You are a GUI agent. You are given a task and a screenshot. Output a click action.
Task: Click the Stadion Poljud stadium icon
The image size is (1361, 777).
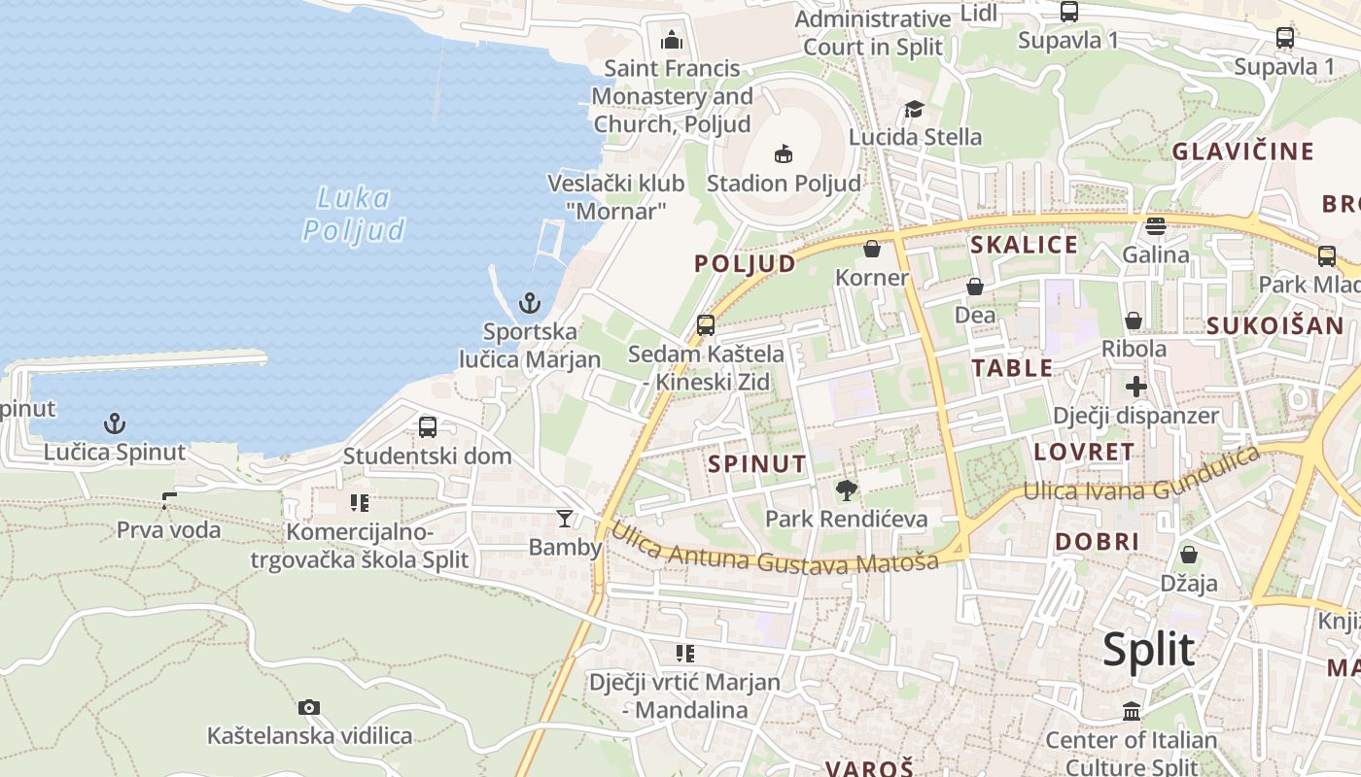coord(784,153)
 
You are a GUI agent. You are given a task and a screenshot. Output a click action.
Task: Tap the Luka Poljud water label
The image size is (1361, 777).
coord(354,214)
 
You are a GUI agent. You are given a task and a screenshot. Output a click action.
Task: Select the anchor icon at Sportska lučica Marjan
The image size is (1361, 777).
coord(530,303)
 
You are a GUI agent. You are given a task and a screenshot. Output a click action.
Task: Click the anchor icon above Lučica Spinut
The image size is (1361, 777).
coord(115,423)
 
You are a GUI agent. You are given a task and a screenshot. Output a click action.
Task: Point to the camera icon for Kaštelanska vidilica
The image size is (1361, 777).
coord(309,707)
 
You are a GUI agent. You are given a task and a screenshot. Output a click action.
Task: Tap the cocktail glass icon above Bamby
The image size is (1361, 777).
coord(565,519)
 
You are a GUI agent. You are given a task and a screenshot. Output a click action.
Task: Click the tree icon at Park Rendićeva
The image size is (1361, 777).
coord(847,490)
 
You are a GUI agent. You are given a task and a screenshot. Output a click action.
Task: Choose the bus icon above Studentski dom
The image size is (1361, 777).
coord(427,426)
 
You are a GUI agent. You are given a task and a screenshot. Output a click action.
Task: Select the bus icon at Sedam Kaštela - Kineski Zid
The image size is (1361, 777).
coord(706,325)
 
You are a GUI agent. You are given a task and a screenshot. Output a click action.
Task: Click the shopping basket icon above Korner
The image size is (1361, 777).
coord(872,249)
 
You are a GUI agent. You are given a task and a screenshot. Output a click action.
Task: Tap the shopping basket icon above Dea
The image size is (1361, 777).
coord(975,287)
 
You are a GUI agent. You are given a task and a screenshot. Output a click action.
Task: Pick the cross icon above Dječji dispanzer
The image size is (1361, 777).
coord(1135,387)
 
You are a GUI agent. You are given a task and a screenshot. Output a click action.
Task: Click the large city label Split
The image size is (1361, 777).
coord(1148,649)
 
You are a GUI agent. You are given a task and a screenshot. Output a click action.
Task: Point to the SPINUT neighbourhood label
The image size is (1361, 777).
coord(757,464)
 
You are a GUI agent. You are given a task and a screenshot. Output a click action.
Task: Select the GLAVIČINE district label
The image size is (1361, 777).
coord(1242,152)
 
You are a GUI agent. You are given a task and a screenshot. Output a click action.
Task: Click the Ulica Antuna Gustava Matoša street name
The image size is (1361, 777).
coord(776,551)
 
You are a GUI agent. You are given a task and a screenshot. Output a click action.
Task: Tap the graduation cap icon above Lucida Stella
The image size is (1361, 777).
coord(914,108)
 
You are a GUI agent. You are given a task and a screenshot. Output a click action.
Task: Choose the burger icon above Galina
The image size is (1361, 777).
coord(1156,226)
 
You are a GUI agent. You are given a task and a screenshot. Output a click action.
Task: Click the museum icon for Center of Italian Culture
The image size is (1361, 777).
coord(1132,711)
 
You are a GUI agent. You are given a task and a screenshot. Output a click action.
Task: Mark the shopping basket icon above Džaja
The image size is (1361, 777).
coord(1188,555)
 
